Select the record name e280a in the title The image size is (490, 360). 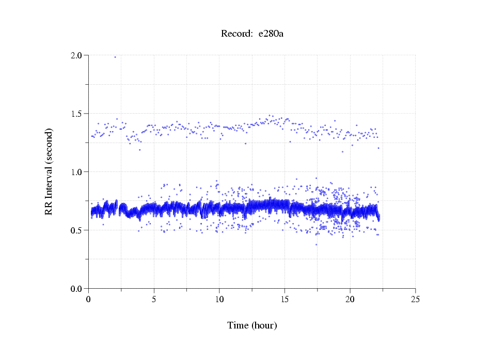[271, 34]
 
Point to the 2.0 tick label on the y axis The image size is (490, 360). [77, 55]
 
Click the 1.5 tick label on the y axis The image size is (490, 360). [77, 114]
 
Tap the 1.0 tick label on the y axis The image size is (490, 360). [77, 172]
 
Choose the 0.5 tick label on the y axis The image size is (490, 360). [77, 230]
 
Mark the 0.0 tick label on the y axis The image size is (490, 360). [77, 289]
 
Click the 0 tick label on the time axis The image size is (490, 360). [89, 299]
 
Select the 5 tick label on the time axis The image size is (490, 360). [154, 299]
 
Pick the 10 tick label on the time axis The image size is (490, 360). [219, 299]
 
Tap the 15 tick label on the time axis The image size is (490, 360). [284, 299]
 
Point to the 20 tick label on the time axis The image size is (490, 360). [350, 299]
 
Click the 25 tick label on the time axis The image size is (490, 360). [415, 299]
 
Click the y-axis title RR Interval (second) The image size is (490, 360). [49, 172]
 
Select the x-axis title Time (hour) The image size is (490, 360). [252, 325]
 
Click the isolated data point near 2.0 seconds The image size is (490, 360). [115, 57]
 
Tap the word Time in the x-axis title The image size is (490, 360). [238, 325]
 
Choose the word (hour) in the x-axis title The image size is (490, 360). [264, 325]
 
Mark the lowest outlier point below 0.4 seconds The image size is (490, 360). [316, 244]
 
